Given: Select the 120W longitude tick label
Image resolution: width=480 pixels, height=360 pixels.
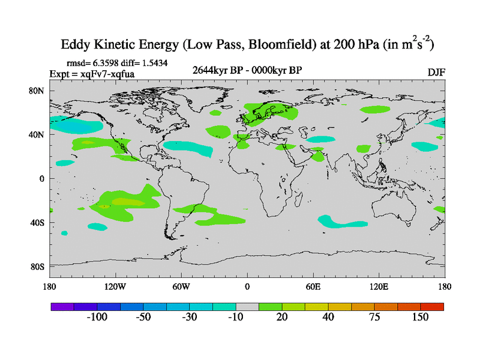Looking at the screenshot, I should tap(115, 286).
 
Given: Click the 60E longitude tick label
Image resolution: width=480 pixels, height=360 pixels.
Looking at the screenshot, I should tap(313, 286).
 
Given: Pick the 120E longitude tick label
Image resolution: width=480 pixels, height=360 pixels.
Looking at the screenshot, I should tap(379, 286).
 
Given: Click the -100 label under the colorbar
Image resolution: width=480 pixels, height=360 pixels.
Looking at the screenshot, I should tap(96, 317).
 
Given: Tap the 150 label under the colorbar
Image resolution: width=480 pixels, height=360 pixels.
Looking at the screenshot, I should tap(420, 317).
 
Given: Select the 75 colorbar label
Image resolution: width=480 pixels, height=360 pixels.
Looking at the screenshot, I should tap(374, 317).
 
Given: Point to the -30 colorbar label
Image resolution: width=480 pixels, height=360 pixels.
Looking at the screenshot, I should tap(189, 317).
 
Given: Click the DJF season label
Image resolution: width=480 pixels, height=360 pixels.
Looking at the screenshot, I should tap(436, 72).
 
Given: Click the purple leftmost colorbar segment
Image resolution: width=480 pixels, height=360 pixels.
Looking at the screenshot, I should tap(62, 306).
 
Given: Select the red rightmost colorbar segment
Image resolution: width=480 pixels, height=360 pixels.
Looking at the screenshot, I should tap(432, 306).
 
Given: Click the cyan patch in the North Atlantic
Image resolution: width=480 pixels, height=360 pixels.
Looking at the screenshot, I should tap(188, 146).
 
